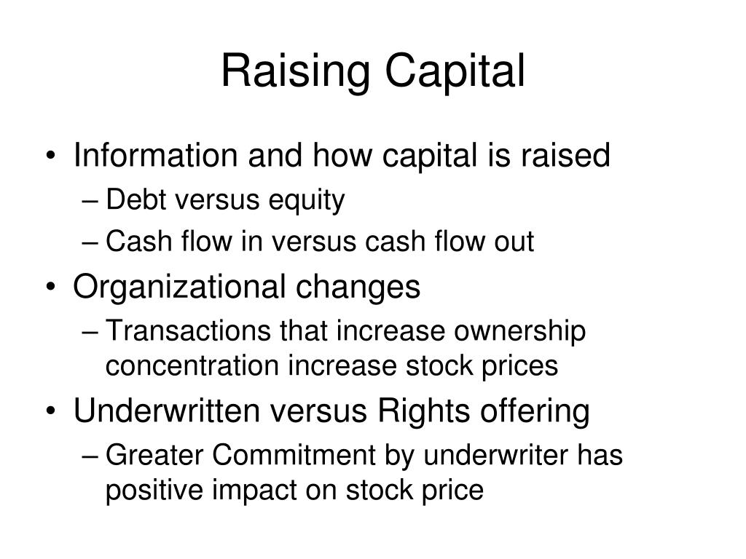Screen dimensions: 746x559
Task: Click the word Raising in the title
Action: coord(296,72)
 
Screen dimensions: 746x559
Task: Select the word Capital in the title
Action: coord(455,71)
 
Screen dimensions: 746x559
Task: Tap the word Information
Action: coord(155,156)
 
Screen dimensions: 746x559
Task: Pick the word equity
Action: coord(307,201)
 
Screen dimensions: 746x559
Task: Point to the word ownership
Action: coord(519,332)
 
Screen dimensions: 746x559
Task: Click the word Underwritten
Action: coord(167,411)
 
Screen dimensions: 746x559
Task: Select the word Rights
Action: coord(423,412)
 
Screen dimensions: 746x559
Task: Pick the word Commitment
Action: coord(294,455)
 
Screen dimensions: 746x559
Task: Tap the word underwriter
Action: coord(495,455)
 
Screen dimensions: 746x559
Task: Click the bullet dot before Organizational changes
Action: coord(51,287)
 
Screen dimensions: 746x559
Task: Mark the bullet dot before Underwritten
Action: coord(51,411)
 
